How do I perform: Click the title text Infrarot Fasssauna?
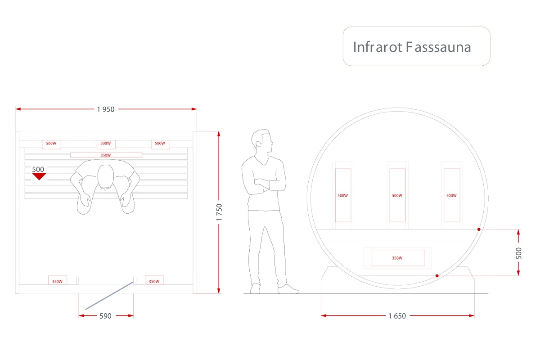click(412, 47)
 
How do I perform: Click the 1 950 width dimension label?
click(106, 109)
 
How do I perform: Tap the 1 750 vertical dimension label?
click(219, 212)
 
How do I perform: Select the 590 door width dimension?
click(105, 316)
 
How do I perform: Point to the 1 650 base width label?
click(397, 316)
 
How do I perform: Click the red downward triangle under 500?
click(39, 176)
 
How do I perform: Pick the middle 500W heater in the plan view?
click(106, 144)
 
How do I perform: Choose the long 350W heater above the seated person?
click(106, 155)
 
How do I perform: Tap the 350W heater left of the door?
click(58, 280)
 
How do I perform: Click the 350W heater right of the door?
click(154, 280)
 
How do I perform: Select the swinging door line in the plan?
click(109, 296)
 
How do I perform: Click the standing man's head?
click(262, 141)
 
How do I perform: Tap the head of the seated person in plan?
click(106, 177)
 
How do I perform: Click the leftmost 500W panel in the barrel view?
click(343, 195)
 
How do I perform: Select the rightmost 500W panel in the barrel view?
click(452, 195)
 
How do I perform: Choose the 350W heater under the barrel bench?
click(397, 258)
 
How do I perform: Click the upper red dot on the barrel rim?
click(479, 229)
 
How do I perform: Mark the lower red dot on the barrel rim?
click(437, 276)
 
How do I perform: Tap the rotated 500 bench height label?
click(518, 253)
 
